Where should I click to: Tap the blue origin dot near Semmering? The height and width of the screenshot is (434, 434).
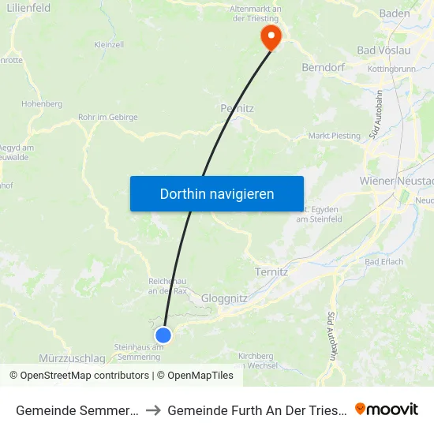[163, 335]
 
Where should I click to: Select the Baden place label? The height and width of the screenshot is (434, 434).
[395, 13]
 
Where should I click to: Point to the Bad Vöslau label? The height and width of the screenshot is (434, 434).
[384, 51]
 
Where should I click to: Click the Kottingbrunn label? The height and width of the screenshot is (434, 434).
[391, 69]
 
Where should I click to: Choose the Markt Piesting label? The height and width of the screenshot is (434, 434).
[334, 136]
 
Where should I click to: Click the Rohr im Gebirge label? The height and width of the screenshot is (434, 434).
[108, 118]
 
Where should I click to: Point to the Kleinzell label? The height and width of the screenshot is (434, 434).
[109, 45]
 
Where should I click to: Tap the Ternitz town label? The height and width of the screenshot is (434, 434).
[271, 271]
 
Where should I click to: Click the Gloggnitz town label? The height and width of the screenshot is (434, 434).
[225, 298]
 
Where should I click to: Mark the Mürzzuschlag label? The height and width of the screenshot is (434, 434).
[72, 358]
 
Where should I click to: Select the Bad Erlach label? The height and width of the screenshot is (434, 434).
[384, 261]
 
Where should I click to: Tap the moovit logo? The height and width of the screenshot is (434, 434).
[387, 409]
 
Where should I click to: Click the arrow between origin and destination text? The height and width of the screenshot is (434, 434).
[153, 410]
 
